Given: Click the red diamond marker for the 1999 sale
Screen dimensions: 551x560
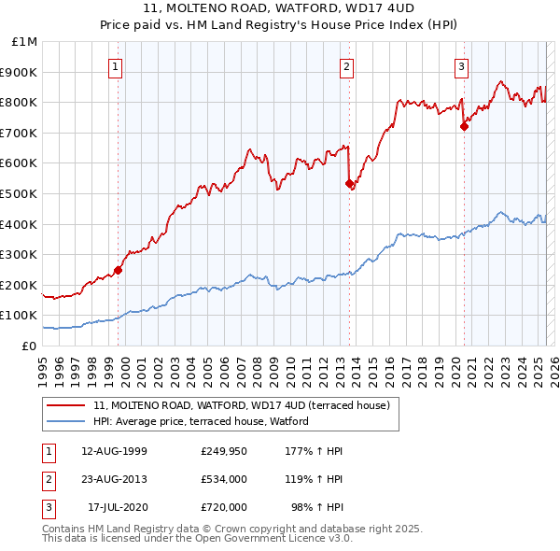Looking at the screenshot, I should (x=118, y=270).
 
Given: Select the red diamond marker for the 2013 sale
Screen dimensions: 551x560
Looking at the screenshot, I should (x=349, y=184).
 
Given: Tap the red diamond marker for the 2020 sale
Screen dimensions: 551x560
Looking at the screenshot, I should (x=464, y=127).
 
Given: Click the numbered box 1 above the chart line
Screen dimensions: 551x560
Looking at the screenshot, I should (x=115, y=66).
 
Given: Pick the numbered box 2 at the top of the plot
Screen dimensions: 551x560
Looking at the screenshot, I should (x=346, y=66).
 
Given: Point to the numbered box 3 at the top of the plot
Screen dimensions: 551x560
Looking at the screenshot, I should (x=461, y=66).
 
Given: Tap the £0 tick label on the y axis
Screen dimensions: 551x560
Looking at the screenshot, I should (x=30, y=346).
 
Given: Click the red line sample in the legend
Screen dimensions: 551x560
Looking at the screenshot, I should (x=67, y=405).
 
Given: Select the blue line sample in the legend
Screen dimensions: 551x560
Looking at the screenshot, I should (x=67, y=422).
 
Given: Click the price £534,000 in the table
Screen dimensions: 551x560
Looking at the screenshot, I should (x=224, y=479).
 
